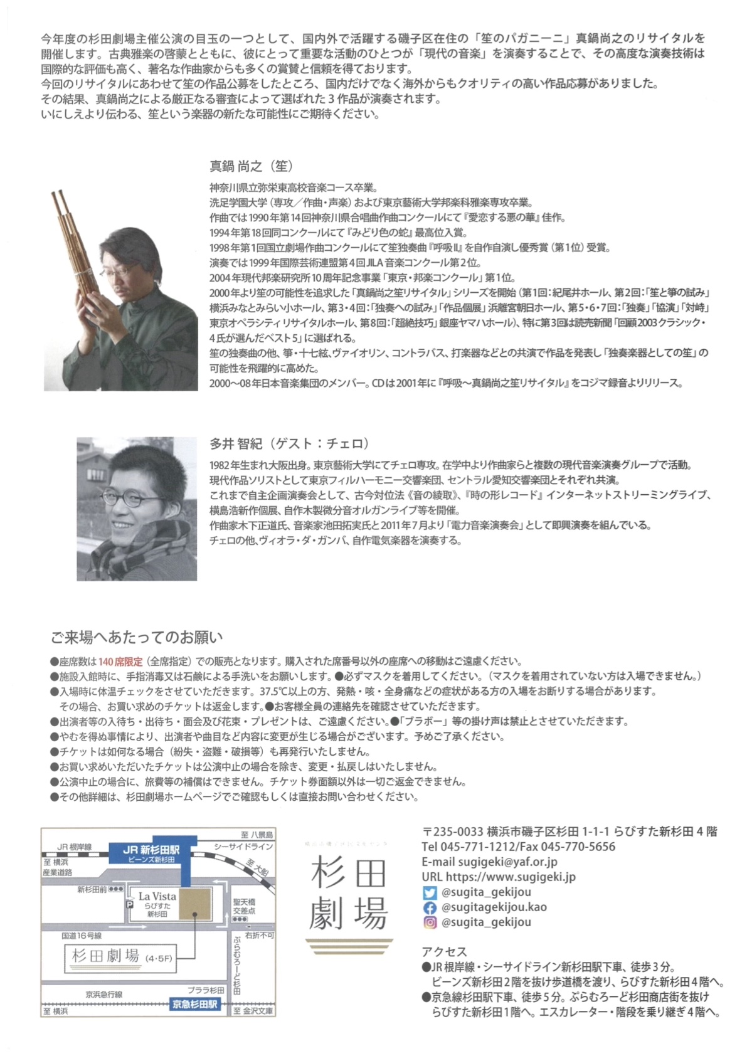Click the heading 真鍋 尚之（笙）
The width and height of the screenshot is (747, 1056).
click(x=251, y=166)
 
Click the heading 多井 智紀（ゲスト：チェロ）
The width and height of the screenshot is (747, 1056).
click(x=289, y=443)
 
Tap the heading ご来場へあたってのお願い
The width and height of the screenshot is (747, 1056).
click(x=136, y=638)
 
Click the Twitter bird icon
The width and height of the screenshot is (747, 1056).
click(x=430, y=892)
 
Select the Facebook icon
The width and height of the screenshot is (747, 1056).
click(x=430, y=907)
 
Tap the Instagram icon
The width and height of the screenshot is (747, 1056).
click(x=430, y=922)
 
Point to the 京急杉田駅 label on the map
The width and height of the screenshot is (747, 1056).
click(x=196, y=1005)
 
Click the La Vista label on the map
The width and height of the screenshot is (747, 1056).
click(x=157, y=897)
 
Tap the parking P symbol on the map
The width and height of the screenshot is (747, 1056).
click(x=130, y=906)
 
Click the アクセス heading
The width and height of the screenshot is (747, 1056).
click(x=444, y=952)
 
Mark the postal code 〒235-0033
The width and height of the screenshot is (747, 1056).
click(x=453, y=832)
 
